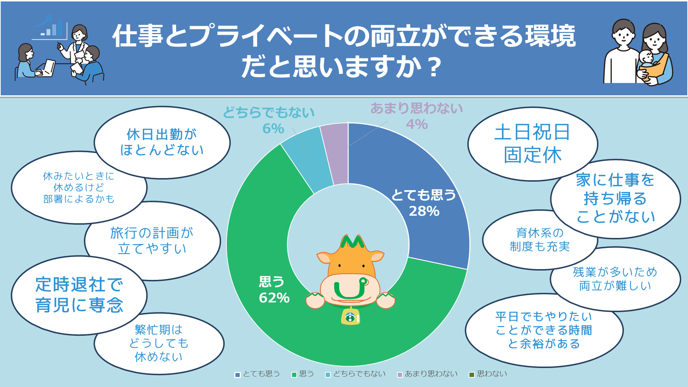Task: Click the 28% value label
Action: coord(424,211)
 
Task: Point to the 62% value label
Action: coord(274,298)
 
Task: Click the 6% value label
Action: coord(273,128)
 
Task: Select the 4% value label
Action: coord(417,124)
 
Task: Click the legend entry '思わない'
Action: coord(488,374)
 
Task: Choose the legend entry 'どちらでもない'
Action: coord(355,374)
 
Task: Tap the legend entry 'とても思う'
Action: coord(257,374)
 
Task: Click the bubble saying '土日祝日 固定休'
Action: coord(532,144)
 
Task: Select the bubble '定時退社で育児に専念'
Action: coord(79,295)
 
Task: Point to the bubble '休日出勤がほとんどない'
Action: coord(162,142)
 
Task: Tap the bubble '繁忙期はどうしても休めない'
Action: coord(159,343)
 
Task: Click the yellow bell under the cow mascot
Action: coord(350,316)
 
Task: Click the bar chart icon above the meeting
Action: coord(50,27)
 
